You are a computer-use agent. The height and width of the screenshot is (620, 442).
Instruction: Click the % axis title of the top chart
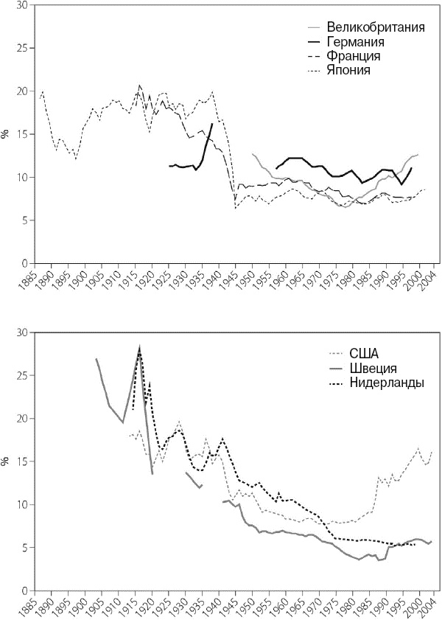[6, 134]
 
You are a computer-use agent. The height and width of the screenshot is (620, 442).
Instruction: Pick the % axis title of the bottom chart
[6, 461]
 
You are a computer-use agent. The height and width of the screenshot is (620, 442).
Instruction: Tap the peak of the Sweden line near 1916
[139, 347]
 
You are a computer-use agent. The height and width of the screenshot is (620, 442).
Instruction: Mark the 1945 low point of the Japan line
[236, 209]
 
